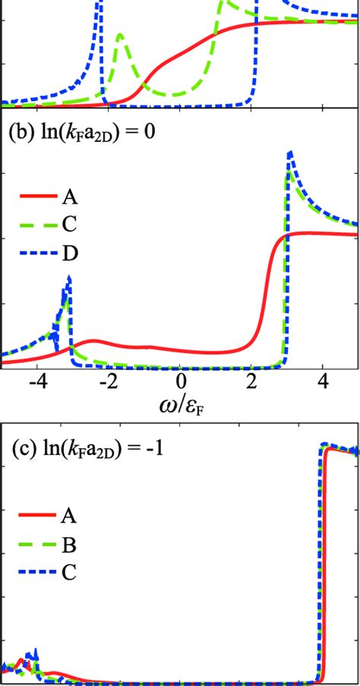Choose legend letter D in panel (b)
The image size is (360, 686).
click(x=69, y=252)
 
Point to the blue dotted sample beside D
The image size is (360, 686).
click(x=35, y=252)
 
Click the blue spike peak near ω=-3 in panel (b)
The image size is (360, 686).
click(x=70, y=277)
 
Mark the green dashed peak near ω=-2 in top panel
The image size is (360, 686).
click(x=120, y=35)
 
